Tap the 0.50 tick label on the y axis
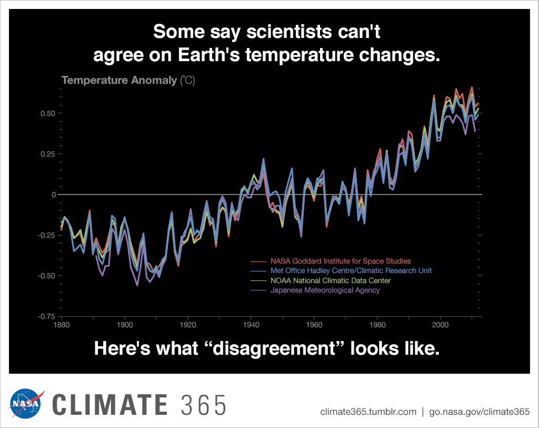47,113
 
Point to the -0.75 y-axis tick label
45,316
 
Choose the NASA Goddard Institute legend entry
340,261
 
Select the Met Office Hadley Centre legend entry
351,271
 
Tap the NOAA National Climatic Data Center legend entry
331,280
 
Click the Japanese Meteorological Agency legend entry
325,290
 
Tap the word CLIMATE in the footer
109,405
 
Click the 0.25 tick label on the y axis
47,154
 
